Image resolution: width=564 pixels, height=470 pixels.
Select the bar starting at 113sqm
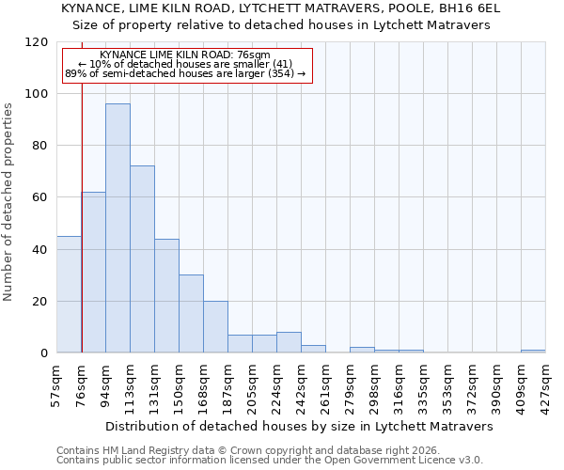142,259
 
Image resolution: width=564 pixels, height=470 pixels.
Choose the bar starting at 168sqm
215,327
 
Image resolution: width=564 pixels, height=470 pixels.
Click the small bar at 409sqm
533,352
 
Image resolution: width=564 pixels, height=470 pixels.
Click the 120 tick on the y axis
38,42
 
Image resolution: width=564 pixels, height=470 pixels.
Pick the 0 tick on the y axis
45,353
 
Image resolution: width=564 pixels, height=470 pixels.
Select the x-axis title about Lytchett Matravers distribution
301,426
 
